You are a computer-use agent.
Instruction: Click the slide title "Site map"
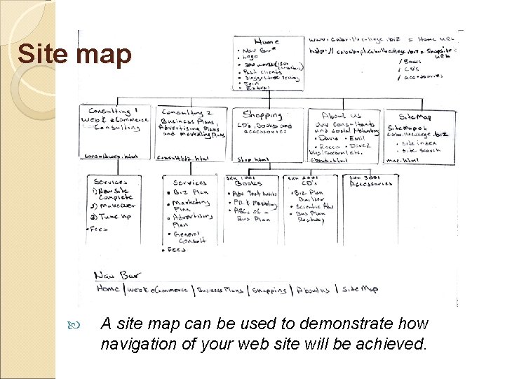[74, 55]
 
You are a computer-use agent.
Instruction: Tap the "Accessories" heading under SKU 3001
[372, 184]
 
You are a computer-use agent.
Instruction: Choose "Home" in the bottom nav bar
[108, 288]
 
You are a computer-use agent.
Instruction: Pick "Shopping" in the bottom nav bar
[269, 290]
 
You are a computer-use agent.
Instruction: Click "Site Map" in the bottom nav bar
[360, 289]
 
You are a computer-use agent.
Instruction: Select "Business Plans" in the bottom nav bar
[220, 289]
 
